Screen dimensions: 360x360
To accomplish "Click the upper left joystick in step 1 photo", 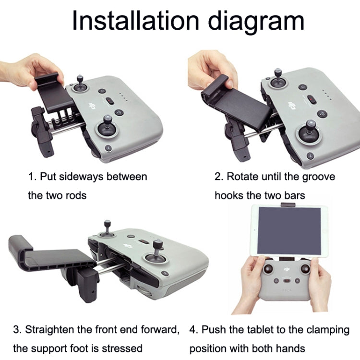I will tap(80, 84).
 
